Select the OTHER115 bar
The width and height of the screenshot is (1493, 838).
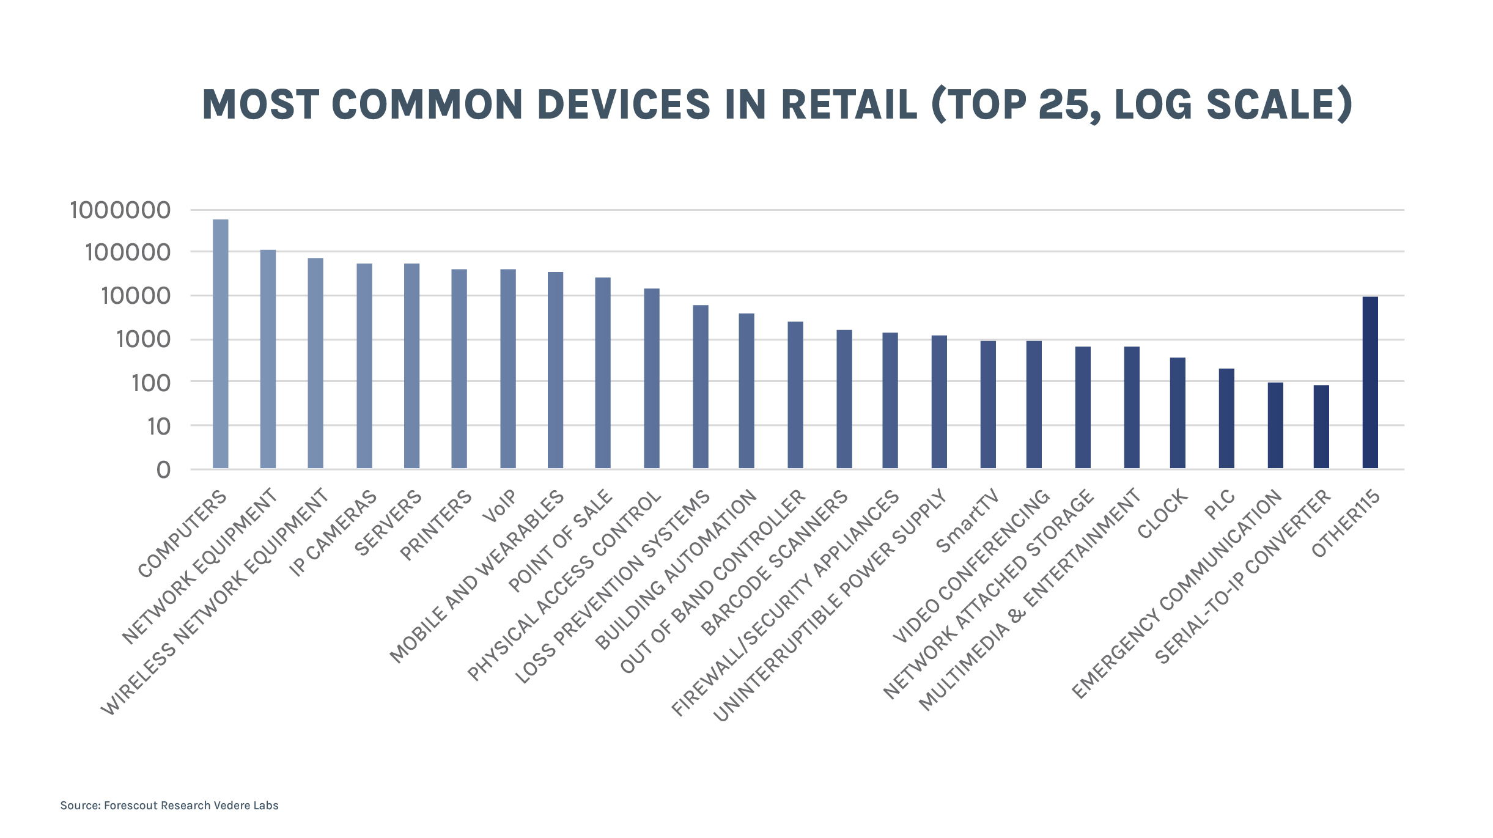pyautogui.click(x=1370, y=383)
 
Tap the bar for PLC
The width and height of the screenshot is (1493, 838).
pyautogui.click(x=1226, y=419)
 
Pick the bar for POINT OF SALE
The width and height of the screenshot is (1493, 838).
pyautogui.click(x=603, y=373)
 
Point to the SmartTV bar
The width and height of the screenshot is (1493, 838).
pyautogui.click(x=988, y=405)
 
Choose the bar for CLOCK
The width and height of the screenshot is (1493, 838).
pyautogui.click(x=1178, y=413)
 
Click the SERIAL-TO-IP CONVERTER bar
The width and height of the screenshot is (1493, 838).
pyautogui.click(x=1321, y=427)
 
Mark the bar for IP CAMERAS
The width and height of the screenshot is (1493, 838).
pyautogui.click(x=364, y=366)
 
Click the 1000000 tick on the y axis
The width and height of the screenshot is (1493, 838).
pyautogui.click(x=120, y=210)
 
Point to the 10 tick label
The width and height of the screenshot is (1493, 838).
pyautogui.click(x=159, y=426)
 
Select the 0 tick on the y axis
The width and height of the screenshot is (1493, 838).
pyautogui.click(x=163, y=470)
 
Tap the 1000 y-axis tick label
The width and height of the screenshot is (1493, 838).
pyautogui.click(x=144, y=339)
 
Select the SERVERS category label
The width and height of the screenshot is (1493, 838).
pyautogui.click(x=388, y=523)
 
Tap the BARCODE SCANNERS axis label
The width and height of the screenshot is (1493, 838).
pyautogui.click(x=774, y=563)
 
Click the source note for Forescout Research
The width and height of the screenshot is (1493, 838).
pyautogui.click(x=169, y=806)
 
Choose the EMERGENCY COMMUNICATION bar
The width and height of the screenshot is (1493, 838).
pyautogui.click(x=1275, y=425)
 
